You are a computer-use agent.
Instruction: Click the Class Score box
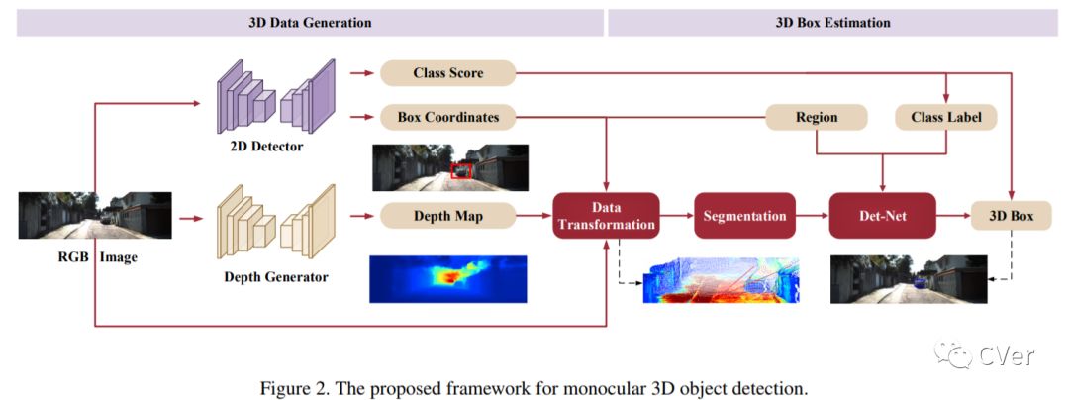(x=448, y=72)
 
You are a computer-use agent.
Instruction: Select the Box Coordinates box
(x=448, y=117)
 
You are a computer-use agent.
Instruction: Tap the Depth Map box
(x=448, y=214)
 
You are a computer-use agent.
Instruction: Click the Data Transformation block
(x=606, y=216)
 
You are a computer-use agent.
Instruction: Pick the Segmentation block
(x=744, y=215)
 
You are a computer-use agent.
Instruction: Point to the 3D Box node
(x=1011, y=215)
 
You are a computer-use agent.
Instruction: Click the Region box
(x=817, y=117)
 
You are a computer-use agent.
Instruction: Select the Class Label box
(x=945, y=117)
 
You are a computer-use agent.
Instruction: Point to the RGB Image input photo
(x=95, y=215)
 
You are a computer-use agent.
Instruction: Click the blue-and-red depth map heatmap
(x=449, y=278)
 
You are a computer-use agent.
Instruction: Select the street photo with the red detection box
(x=450, y=167)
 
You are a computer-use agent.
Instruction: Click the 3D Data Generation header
(x=310, y=22)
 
